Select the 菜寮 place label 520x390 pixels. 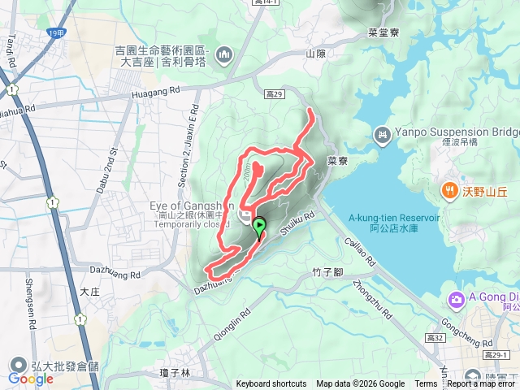[337, 161]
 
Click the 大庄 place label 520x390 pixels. [90, 288]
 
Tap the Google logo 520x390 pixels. [31, 379]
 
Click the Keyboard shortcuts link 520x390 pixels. [271, 384]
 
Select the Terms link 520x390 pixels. [426, 384]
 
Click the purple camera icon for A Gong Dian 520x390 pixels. [455, 300]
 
